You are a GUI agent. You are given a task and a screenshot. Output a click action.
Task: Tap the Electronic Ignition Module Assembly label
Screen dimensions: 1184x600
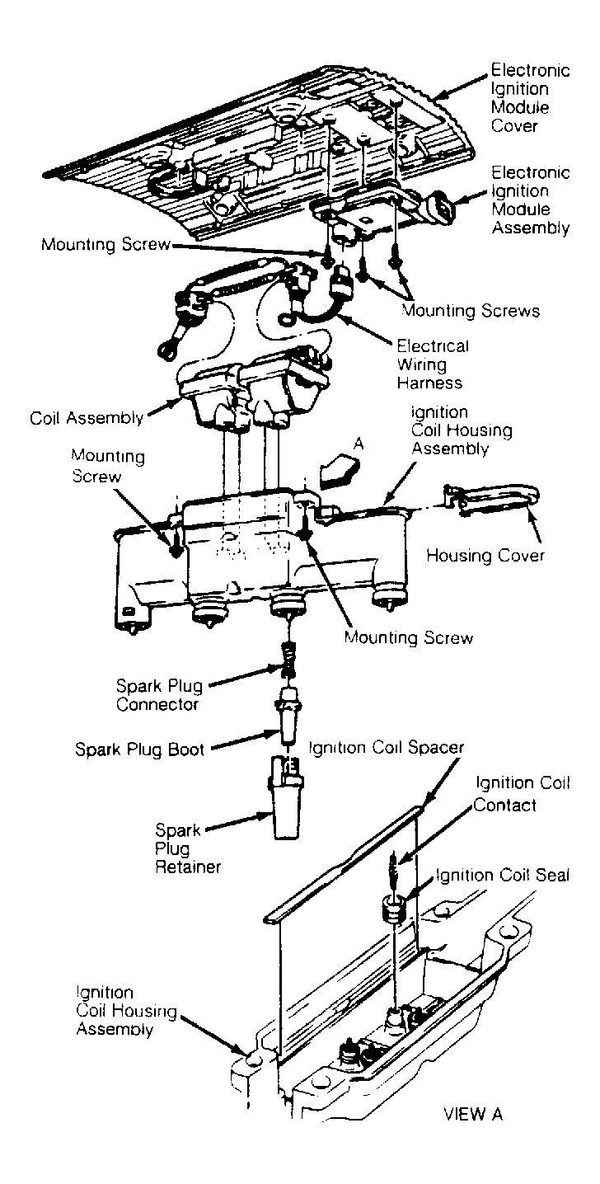pos(531,200)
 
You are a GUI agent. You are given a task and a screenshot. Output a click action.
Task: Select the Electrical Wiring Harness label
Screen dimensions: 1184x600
pos(433,364)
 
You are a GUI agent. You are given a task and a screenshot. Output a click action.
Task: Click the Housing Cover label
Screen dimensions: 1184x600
pos(485,556)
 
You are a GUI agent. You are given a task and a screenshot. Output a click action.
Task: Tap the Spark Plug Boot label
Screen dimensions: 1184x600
pos(139,749)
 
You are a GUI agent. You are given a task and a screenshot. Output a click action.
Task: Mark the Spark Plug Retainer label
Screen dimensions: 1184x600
pos(180,848)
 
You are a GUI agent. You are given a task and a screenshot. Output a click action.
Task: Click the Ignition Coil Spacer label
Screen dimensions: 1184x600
pos(386,748)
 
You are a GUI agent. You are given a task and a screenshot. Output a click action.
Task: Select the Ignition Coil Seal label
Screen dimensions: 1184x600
pos(502,875)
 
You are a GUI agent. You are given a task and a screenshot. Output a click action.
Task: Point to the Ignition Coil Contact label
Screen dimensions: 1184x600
pos(521,793)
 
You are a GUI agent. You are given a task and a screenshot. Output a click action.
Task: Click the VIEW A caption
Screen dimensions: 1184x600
pos(472,1115)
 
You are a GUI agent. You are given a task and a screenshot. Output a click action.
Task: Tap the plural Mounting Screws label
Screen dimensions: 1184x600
pos(471,311)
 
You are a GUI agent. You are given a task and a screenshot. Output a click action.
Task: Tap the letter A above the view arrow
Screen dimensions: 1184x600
pos(359,444)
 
